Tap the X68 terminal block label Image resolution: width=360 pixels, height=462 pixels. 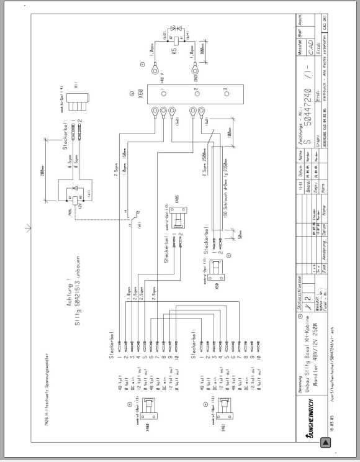pyautogui.click(x=140, y=97)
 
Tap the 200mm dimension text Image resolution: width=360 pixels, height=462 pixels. pyautogui.click(x=39, y=178)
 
